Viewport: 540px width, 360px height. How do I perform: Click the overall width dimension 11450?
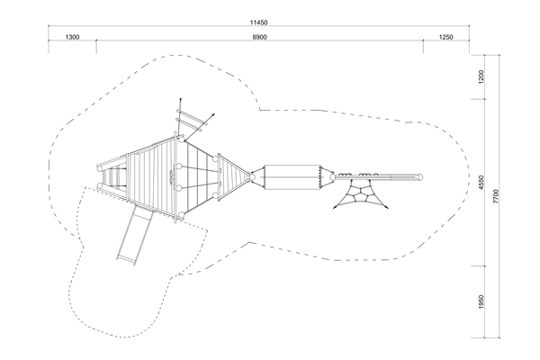click(258, 22)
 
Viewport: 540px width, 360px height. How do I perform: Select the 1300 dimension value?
click(72, 37)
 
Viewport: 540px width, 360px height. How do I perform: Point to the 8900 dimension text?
click(259, 37)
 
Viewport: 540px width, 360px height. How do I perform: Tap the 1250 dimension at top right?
click(446, 37)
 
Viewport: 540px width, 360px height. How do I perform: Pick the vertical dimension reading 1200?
click(481, 76)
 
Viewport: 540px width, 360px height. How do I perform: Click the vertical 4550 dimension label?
click(481, 182)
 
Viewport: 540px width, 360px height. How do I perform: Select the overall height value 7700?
click(496, 196)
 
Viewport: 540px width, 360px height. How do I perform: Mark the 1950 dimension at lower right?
click(481, 301)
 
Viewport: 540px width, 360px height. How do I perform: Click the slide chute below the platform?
click(134, 234)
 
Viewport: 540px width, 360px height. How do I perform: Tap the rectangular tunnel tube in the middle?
click(292, 177)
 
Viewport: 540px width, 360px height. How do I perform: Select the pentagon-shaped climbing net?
click(361, 193)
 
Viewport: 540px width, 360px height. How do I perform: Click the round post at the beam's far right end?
click(419, 177)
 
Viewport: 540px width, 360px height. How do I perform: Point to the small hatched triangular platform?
click(233, 176)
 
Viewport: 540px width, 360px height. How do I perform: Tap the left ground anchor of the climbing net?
click(335, 207)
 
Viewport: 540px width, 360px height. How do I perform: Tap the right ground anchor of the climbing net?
click(387, 207)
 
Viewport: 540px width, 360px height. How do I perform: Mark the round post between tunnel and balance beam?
click(332, 177)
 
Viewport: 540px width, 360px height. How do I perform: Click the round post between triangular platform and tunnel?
click(252, 177)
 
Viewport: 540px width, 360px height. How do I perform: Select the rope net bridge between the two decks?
click(197, 177)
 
